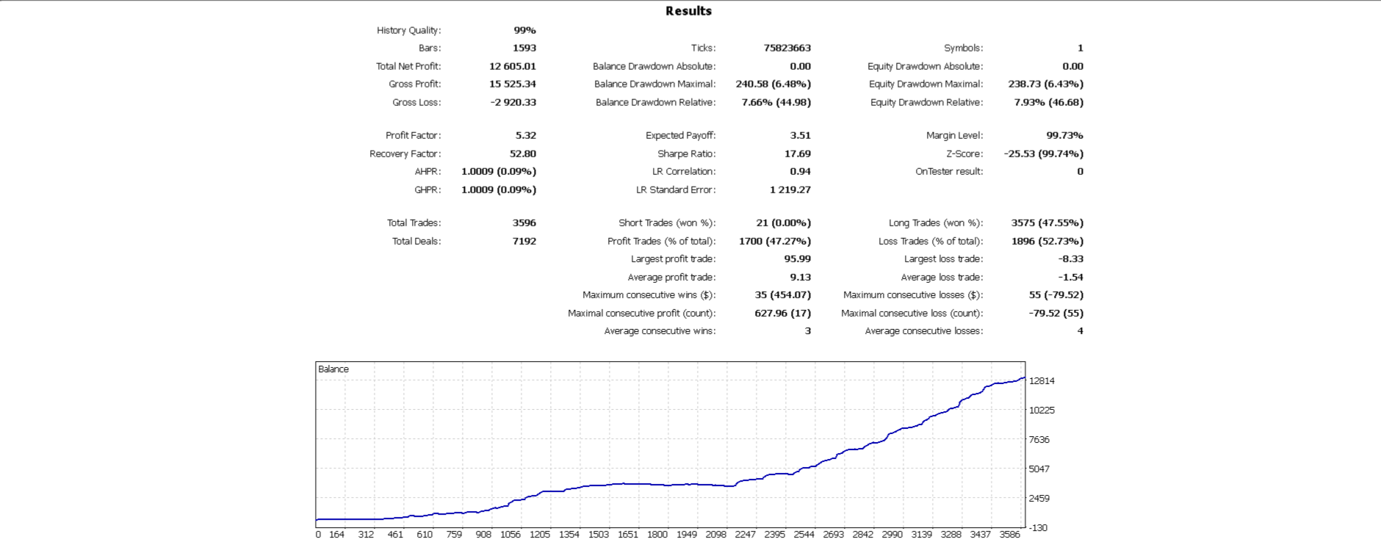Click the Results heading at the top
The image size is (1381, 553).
coord(688,11)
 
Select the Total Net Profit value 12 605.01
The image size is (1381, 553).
coord(512,66)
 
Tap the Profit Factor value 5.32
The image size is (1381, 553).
coord(525,135)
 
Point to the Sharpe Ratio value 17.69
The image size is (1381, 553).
coord(797,153)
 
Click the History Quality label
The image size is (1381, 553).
coord(408,30)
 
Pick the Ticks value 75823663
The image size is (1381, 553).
coord(787,48)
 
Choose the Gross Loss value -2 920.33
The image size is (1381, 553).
coord(513,102)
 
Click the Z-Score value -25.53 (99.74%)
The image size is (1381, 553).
coord(1043,153)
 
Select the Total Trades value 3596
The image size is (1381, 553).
coord(524,223)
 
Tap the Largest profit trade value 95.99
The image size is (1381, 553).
coord(797,259)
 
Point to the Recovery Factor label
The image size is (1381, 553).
coord(405,153)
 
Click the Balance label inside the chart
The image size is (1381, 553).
coord(333,369)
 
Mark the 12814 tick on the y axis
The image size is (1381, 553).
coord(1042,381)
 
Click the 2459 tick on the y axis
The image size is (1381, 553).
coord(1039,498)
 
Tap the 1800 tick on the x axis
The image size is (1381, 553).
coord(657,535)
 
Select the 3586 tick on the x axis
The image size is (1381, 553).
coord(1009,535)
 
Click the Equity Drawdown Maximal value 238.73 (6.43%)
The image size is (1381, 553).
coord(1045,84)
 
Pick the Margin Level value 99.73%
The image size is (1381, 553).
coord(1064,135)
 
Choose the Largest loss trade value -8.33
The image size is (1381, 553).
coord(1070,259)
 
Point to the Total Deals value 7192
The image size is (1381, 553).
coord(524,241)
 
